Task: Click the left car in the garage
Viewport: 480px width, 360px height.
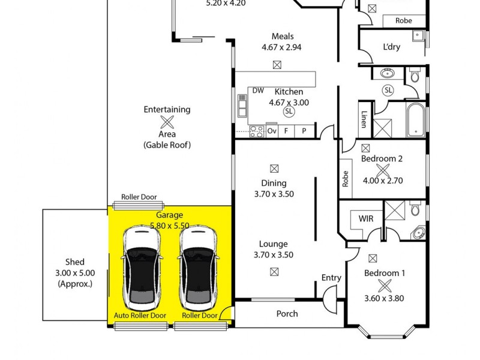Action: click(141, 266)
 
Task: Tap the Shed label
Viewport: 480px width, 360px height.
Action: click(75, 262)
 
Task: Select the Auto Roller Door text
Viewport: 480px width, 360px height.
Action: click(140, 315)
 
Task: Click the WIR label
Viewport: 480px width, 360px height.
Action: click(366, 218)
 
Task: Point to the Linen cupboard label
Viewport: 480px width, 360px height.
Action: click(364, 120)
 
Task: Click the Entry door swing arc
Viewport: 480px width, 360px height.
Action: click(328, 295)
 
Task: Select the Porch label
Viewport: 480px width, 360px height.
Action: click(287, 313)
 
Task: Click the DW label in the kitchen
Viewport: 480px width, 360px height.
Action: click(258, 91)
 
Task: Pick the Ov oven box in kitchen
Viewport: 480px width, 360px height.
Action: click(272, 130)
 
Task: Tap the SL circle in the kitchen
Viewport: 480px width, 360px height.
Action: click(289, 112)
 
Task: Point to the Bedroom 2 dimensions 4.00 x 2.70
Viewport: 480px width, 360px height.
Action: click(382, 180)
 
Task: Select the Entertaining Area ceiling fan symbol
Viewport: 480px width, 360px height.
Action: click(167, 122)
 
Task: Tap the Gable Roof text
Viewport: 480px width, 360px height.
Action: click(167, 145)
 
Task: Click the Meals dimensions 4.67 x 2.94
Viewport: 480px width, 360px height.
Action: click(282, 47)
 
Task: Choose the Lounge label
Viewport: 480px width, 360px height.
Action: click(273, 244)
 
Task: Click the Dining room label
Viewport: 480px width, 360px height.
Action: click(274, 183)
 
